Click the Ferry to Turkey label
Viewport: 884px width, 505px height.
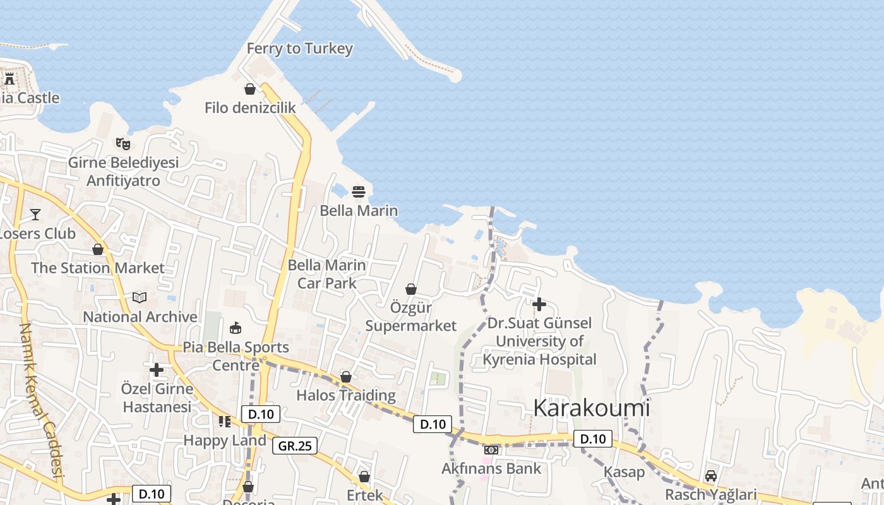[x=299, y=49]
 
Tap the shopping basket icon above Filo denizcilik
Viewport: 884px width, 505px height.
[x=250, y=89]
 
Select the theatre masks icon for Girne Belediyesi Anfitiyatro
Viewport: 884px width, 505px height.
[x=122, y=143]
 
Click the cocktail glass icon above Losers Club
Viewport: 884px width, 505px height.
[x=35, y=215]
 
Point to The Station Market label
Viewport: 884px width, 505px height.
[x=98, y=268]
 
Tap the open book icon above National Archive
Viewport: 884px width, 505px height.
[x=140, y=297]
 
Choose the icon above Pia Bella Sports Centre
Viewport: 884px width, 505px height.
[x=236, y=328]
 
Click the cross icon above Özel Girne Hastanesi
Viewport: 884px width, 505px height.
[x=157, y=369]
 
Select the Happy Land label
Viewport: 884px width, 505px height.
[x=225, y=440]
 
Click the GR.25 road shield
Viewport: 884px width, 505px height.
[x=296, y=446]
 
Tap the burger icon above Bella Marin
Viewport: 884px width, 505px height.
[x=359, y=191]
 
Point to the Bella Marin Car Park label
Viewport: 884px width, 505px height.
[x=327, y=274]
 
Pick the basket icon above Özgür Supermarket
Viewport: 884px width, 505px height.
[x=411, y=289]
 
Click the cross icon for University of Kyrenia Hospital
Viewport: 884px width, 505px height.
[x=539, y=304]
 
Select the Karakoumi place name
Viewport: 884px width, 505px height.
[x=591, y=408]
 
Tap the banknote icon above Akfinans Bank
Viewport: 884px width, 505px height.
[x=491, y=450]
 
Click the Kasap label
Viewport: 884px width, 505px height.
[x=624, y=472]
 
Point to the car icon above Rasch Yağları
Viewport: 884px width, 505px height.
[x=711, y=476]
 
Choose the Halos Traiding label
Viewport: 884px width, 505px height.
[x=346, y=395]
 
